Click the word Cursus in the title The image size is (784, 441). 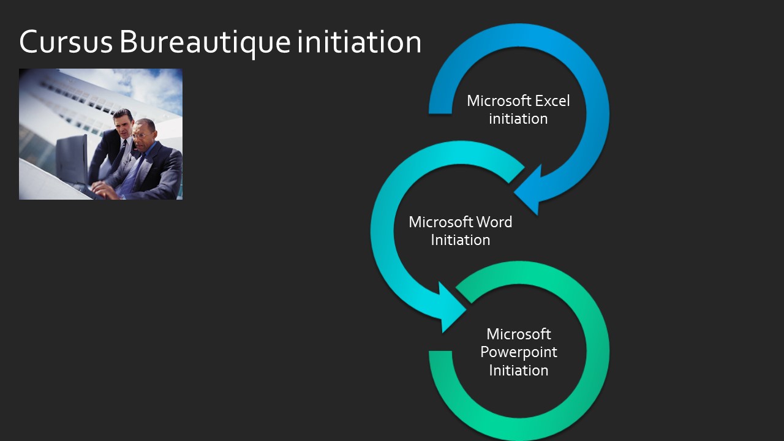tap(66, 42)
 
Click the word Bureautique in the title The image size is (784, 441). tap(205, 43)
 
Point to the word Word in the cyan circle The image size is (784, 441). tap(494, 222)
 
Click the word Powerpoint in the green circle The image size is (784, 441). tap(519, 352)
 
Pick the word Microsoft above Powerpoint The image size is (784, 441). tap(519, 334)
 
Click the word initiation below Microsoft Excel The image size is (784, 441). tap(518, 119)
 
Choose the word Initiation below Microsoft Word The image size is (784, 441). tap(460, 240)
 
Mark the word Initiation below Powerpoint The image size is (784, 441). tap(519, 371)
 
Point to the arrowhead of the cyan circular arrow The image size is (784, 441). tap(451, 308)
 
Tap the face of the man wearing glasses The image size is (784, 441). tap(143, 135)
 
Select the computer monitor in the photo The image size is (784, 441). tap(72, 159)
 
